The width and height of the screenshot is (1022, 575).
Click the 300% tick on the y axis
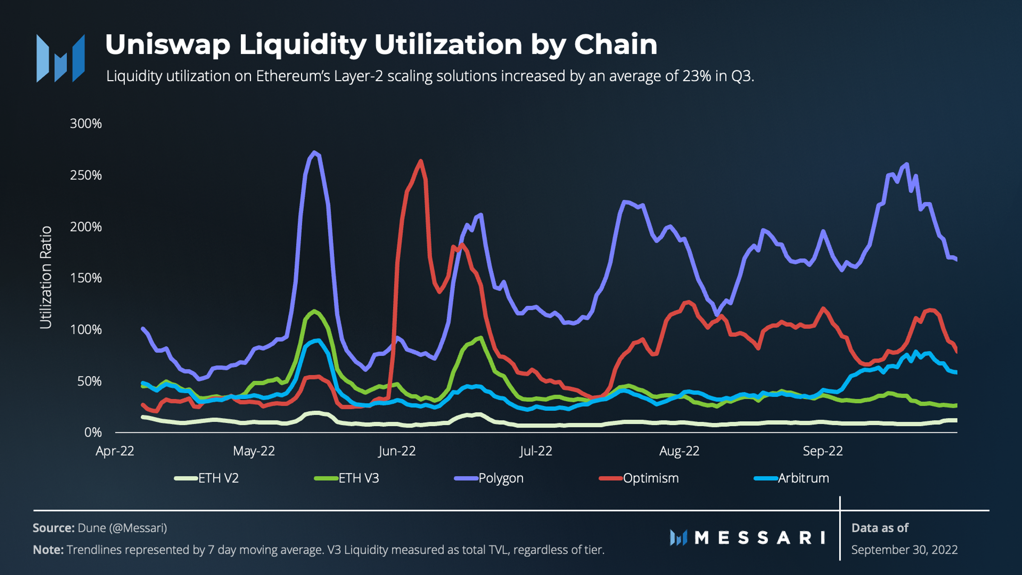coord(86,124)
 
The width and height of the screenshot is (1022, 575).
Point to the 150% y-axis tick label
coord(86,278)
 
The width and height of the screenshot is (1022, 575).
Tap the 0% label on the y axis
coord(93,432)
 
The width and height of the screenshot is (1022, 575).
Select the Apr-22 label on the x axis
coord(115,451)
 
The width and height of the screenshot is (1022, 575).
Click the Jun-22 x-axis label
coord(397,451)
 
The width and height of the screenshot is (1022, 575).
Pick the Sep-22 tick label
coord(823,451)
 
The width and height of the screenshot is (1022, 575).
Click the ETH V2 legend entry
coord(218,478)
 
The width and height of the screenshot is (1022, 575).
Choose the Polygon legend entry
coord(501,478)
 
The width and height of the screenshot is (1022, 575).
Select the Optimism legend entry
coord(650,478)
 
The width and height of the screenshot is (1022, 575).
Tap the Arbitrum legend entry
coord(803,478)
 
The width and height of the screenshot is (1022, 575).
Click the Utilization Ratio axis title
coord(46,278)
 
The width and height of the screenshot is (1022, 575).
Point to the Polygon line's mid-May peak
coord(313,153)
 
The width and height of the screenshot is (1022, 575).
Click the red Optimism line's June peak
coord(420,161)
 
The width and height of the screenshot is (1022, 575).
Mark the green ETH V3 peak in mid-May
coord(314,311)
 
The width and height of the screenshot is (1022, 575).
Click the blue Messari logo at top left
coord(61,58)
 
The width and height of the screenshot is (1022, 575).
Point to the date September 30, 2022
coord(904,550)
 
